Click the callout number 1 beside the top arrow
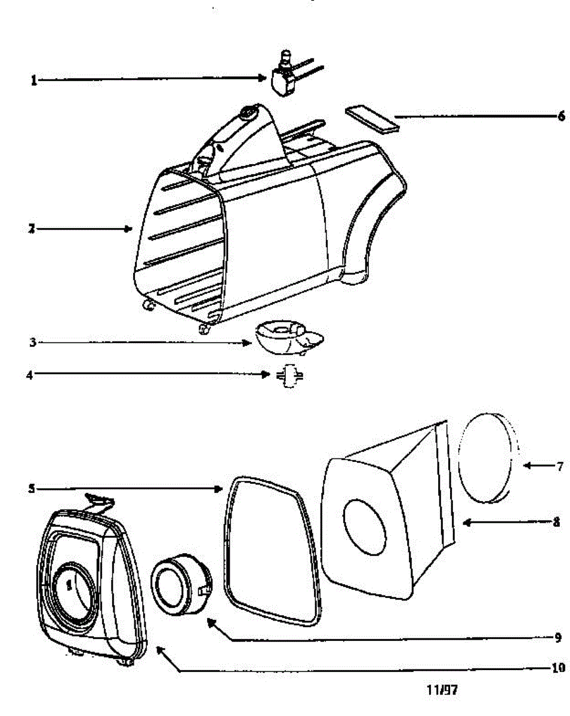tap(34, 80)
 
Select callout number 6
tap(561, 117)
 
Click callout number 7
tap(559, 467)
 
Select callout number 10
tap(556, 668)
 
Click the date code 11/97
tap(443, 690)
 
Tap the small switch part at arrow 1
tap(284, 79)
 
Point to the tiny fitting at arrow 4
tap(289, 376)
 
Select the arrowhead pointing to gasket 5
tap(218, 489)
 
